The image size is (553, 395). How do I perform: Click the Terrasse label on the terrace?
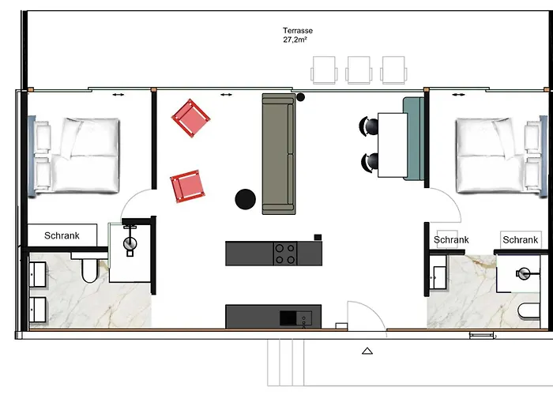(x=298, y=31)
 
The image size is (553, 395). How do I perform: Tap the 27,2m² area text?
(x=295, y=39)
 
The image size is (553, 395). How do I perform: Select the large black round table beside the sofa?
(x=246, y=199)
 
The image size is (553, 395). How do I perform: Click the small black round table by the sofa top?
(x=300, y=97)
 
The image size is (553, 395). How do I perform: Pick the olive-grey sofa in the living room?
(x=279, y=154)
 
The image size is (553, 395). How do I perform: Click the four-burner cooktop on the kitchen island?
(x=285, y=254)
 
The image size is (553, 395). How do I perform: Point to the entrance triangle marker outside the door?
(x=367, y=351)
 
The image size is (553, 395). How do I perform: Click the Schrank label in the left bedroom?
(x=62, y=235)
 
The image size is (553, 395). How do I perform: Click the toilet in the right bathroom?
(x=529, y=311)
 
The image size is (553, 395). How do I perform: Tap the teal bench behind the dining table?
(x=414, y=139)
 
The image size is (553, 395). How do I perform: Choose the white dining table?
(x=393, y=145)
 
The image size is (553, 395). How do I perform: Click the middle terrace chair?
(x=359, y=70)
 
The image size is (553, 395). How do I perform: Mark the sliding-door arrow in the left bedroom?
(x=118, y=95)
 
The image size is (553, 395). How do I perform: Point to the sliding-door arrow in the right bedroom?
(x=458, y=95)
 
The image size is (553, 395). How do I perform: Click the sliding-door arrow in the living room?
(x=226, y=95)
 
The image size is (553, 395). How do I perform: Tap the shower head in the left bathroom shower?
(x=130, y=243)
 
